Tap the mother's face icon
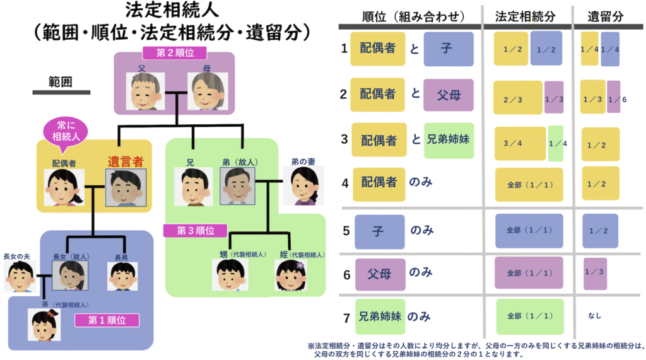click(206, 91)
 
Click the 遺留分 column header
click(604, 17)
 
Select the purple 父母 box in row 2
click(448, 94)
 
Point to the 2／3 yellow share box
click(517, 100)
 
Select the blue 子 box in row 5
click(379, 231)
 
